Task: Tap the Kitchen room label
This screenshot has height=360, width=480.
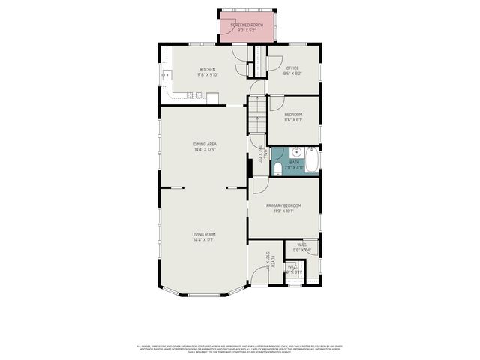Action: click(x=207, y=69)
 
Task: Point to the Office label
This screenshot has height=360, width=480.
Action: click(x=292, y=68)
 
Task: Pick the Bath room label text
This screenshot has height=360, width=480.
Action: click(x=294, y=162)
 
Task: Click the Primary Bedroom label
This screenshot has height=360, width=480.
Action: click(x=286, y=205)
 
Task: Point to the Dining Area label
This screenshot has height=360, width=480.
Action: click(x=205, y=144)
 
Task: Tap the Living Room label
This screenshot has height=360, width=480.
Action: click(x=204, y=235)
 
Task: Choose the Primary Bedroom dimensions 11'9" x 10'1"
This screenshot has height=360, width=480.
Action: click(x=286, y=211)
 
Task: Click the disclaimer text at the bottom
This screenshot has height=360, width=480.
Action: click(x=240, y=348)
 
